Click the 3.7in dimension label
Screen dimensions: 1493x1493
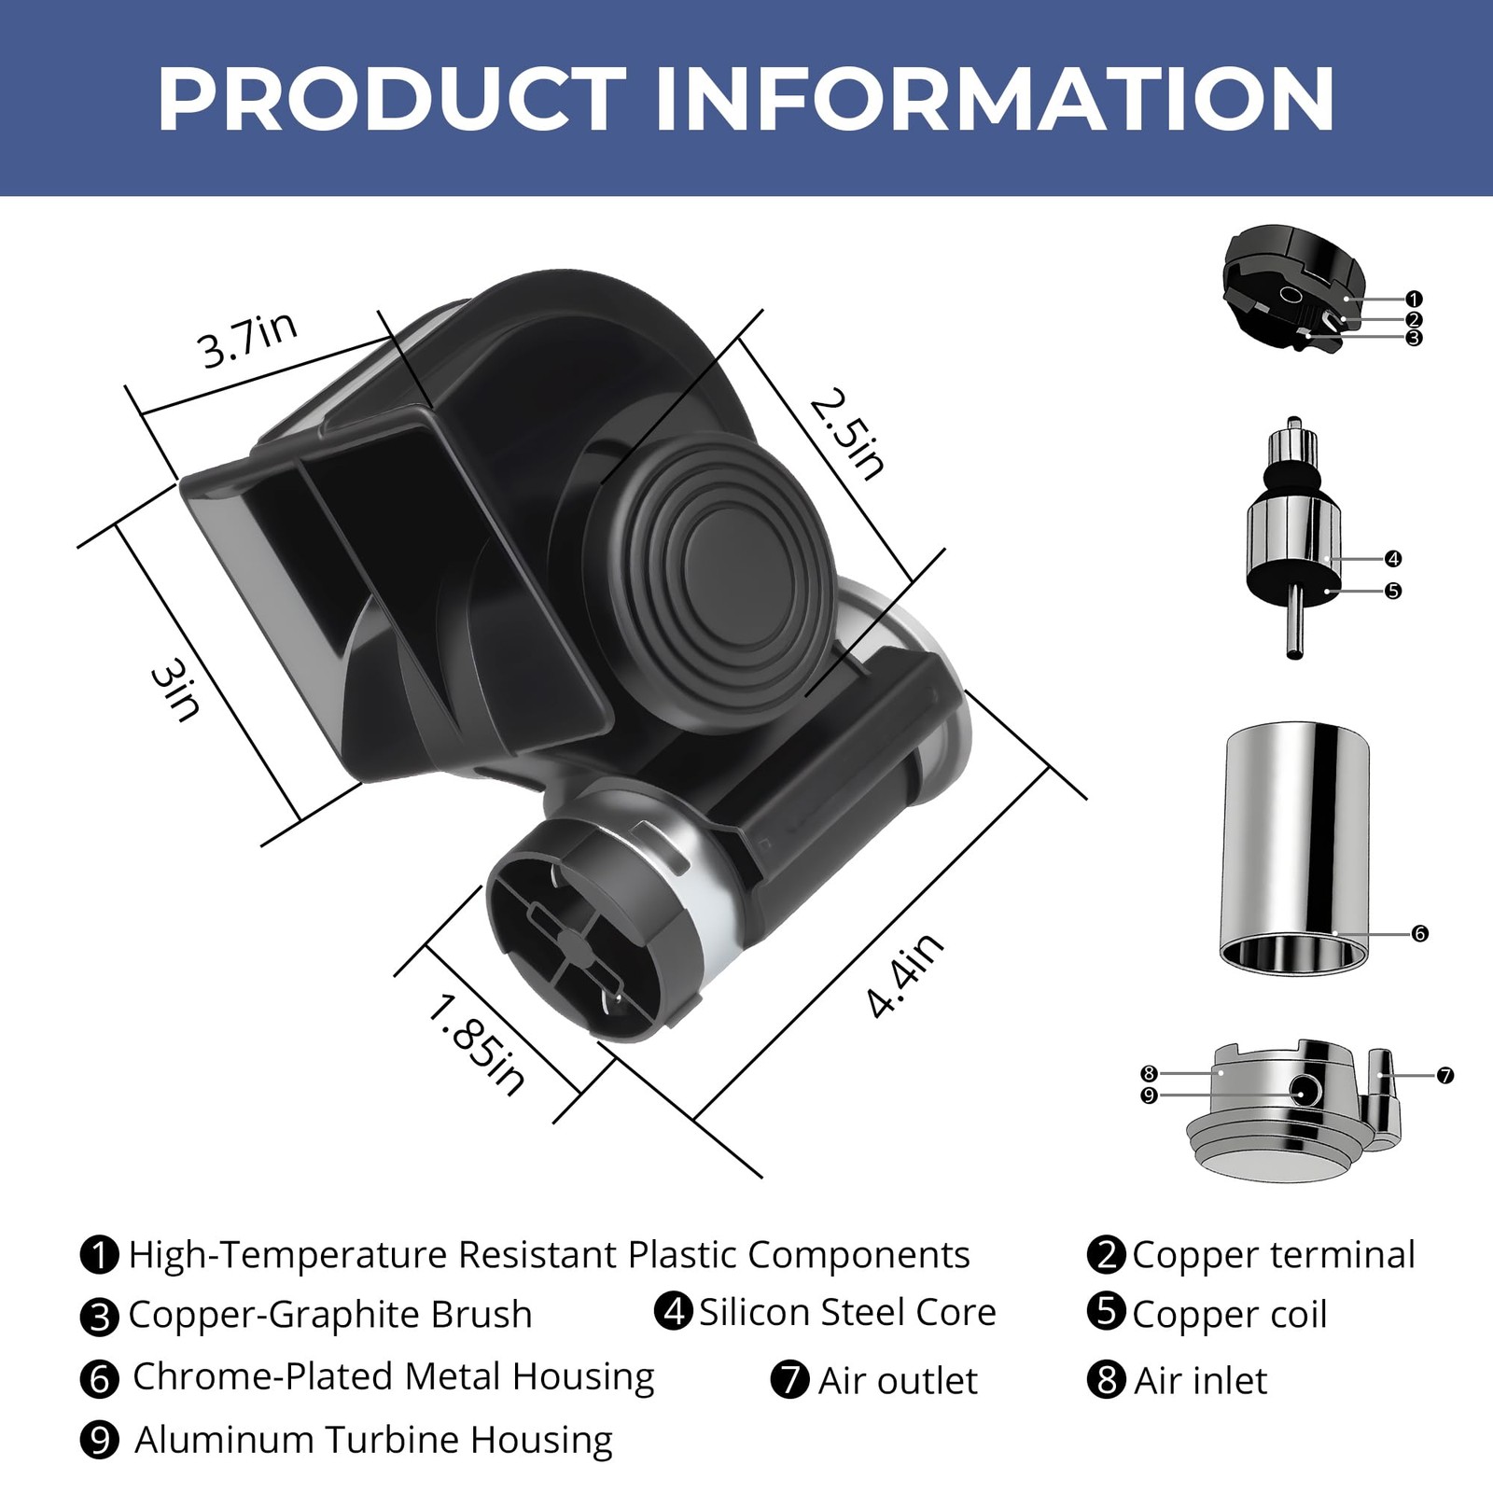tap(247, 340)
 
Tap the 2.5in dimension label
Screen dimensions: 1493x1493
tap(847, 435)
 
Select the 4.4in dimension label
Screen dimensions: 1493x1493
tap(904, 975)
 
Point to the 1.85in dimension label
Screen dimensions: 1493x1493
tap(476, 1045)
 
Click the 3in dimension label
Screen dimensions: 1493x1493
tap(175, 691)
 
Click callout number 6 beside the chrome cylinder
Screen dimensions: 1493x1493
tap(1419, 933)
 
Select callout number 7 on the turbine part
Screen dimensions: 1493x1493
tap(1444, 1076)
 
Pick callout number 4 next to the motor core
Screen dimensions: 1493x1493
tap(1392, 559)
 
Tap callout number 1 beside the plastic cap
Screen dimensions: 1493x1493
tap(1414, 300)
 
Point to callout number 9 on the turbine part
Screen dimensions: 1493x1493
tap(1149, 1095)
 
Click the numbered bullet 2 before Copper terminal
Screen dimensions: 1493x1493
tap(1107, 1254)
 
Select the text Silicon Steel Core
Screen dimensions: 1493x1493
tap(847, 1312)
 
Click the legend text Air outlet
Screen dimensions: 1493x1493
tap(898, 1380)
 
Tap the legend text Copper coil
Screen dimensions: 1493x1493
tap(1229, 1315)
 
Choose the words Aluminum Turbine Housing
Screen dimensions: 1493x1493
tap(373, 1439)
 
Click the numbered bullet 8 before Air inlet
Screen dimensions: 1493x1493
tap(1107, 1379)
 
